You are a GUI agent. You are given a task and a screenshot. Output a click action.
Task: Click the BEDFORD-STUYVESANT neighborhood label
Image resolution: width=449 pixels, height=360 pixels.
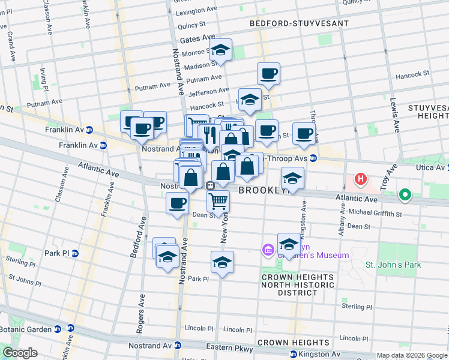click(x=299, y=23)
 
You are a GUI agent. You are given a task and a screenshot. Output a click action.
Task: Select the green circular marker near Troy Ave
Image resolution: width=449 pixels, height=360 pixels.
click(x=405, y=194)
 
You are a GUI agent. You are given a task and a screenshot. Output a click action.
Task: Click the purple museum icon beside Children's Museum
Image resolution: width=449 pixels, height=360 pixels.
click(x=268, y=249)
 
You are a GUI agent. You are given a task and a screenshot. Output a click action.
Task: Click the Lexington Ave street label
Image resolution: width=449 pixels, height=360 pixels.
click(x=195, y=11)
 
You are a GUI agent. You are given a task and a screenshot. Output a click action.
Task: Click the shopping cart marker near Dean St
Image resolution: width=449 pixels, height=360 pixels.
click(x=218, y=202)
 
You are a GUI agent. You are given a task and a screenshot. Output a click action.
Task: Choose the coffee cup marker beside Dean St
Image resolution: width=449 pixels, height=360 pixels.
click(x=178, y=204)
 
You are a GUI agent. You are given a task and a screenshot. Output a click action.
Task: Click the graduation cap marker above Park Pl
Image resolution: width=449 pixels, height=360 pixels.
click(x=222, y=262)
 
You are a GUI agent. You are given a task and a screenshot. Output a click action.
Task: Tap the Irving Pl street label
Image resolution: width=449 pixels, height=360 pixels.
click(x=44, y=80)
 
